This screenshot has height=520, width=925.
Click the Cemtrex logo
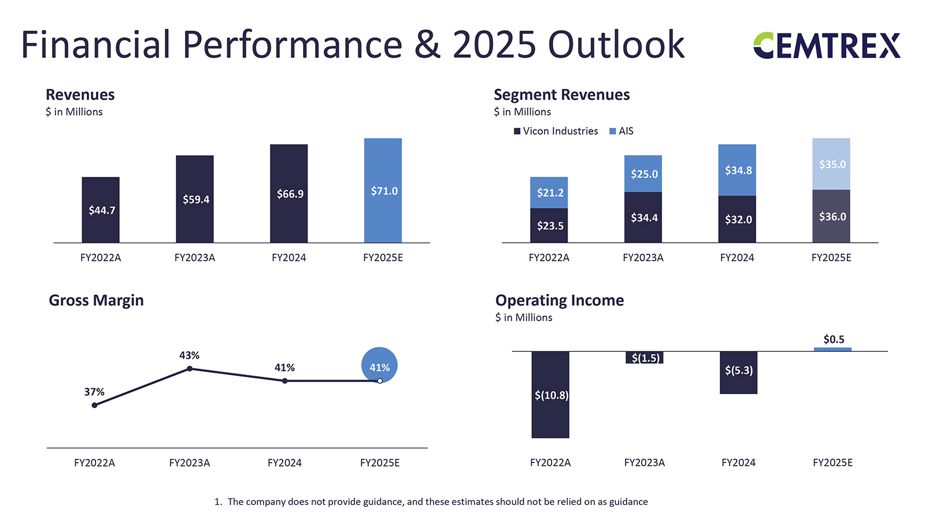click(x=827, y=46)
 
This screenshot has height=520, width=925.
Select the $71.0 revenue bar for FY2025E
click(x=383, y=191)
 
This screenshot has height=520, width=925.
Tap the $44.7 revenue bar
click(x=101, y=210)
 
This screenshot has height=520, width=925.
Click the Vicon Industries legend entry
click(x=556, y=131)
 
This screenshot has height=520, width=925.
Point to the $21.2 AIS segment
click(x=549, y=192)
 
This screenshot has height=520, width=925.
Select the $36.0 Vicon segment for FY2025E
click(x=831, y=217)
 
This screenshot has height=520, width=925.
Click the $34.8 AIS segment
click(x=737, y=170)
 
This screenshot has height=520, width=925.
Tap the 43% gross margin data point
click(x=190, y=369)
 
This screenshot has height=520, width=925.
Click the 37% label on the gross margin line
click(x=94, y=392)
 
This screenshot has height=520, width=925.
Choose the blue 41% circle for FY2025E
click(x=379, y=366)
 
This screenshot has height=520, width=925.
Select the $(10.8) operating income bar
click(x=550, y=395)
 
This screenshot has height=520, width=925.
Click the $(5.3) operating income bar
click(x=738, y=372)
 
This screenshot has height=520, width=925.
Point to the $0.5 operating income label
click(x=834, y=339)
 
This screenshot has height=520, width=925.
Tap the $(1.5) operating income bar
click(x=645, y=358)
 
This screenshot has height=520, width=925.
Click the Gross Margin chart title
click(x=96, y=300)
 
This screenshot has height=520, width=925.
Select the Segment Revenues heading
click(x=561, y=95)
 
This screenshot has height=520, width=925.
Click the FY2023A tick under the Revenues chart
click(x=195, y=258)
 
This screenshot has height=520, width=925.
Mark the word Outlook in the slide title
click(x=616, y=44)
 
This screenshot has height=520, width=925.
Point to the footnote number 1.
click(x=217, y=502)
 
